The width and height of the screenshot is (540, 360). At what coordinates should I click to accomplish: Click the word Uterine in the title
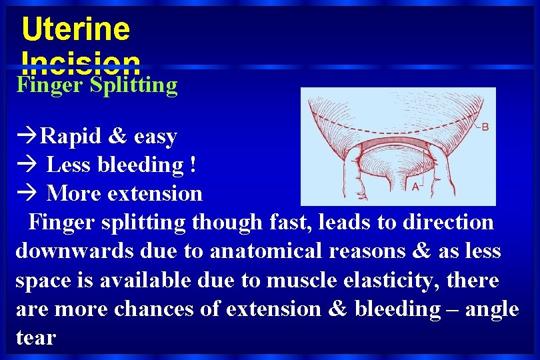click(75, 29)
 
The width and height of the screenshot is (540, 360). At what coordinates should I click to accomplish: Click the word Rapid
click(70, 137)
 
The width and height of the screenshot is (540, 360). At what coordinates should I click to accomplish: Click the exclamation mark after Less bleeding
click(193, 165)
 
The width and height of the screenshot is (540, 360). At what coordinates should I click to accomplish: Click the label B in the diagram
click(485, 127)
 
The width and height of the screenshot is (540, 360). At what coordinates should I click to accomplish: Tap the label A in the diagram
click(415, 187)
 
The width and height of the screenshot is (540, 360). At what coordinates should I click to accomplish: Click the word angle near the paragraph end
click(488, 309)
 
